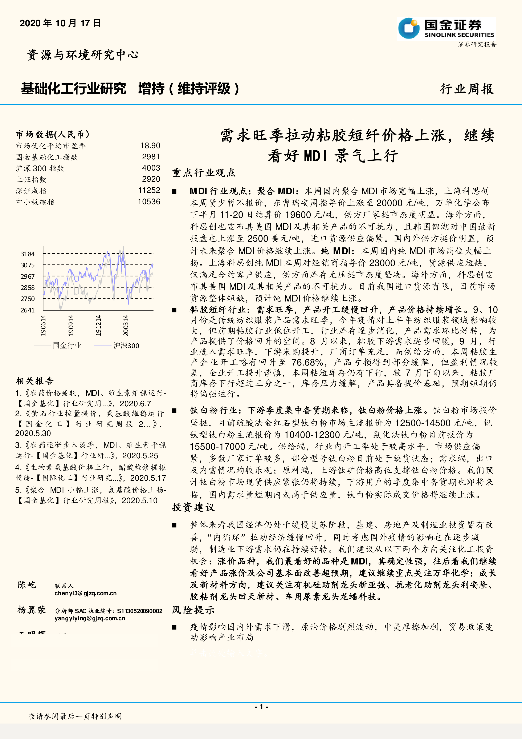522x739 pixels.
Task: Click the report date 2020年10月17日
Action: coord(60,23)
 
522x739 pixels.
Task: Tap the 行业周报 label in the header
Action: coord(467,89)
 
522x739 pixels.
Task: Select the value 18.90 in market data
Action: coord(150,146)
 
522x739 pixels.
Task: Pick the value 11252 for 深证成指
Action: coord(149,190)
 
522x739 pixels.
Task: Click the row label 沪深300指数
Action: coord(40,168)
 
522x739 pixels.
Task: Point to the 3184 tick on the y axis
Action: coord(28,254)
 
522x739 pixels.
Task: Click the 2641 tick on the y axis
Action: coord(28,310)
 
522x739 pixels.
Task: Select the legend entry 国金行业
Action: coord(67,345)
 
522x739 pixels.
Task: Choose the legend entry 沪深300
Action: coord(126,345)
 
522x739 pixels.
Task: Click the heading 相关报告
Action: coord(35,381)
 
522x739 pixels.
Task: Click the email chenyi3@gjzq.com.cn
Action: coord(86,593)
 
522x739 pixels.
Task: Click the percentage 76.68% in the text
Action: coord(307,362)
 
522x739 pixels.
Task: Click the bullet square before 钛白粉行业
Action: coord(174,411)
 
